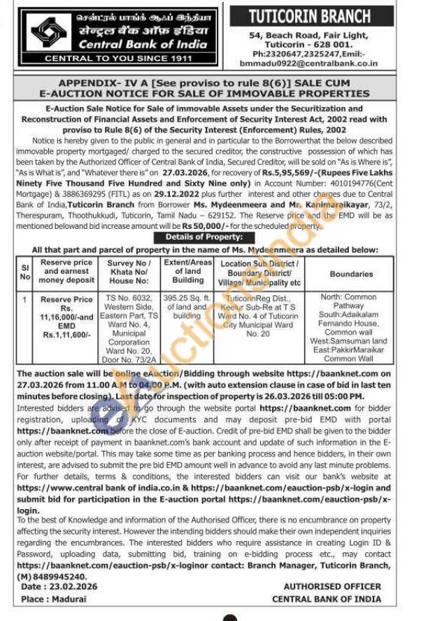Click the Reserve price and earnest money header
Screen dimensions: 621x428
[67, 270]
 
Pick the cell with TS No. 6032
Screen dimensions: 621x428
[130, 298]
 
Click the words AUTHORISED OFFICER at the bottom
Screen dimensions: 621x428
[332, 587]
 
